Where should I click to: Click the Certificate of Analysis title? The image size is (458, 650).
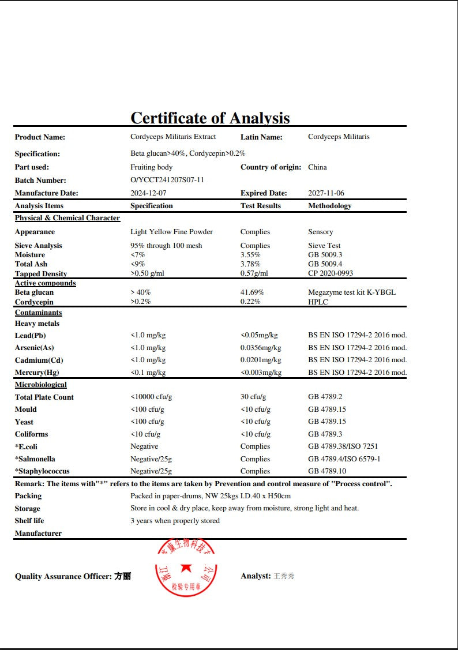pos(210,118)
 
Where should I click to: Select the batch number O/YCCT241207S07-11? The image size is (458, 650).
pos(167,180)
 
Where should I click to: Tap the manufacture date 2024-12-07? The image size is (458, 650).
pos(148,193)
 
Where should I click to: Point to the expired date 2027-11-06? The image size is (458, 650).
pos(326,193)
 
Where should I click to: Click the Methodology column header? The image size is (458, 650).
pos(329,206)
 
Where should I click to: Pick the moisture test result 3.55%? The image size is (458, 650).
pos(250,255)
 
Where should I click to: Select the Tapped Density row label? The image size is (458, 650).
pos(41,273)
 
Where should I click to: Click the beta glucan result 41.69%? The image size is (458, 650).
pos(252,292)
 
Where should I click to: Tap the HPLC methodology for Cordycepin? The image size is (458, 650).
pos(318,302)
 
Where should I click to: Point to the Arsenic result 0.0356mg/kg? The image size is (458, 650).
pos(261,348)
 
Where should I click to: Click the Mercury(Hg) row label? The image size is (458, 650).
pos(37,373)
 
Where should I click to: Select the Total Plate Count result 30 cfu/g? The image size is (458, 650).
pos(253,397)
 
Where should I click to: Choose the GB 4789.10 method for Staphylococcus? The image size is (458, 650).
pos(327,471)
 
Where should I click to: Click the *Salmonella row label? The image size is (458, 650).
pos(35,459)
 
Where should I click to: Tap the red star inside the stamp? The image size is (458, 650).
pos(186,568)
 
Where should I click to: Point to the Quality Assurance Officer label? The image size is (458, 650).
pos(63,576)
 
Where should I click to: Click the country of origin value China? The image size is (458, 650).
pos(317,167)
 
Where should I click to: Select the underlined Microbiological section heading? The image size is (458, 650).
pos(41,385)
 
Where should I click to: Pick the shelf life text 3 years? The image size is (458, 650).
pos(175,521)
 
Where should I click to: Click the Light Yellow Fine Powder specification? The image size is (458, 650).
pos(171,232)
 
